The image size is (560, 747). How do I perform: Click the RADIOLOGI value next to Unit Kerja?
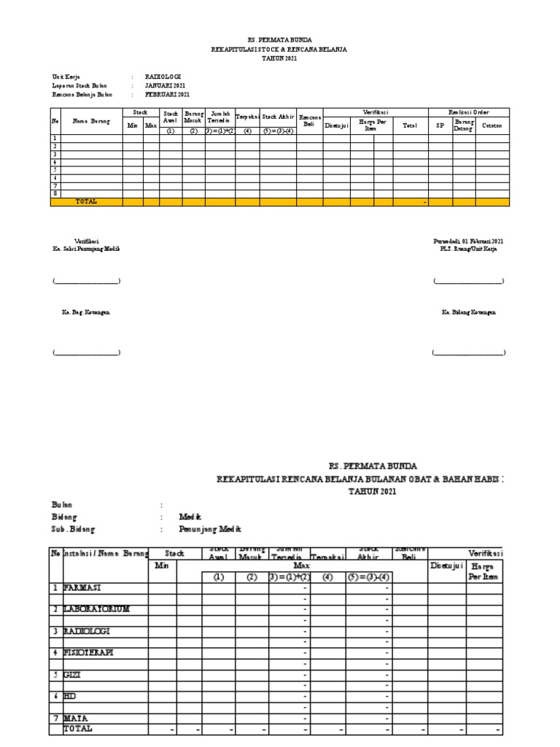coord(163,76)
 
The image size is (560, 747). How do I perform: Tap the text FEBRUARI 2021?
coord(168,95)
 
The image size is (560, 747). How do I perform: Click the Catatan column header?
coord(492,125)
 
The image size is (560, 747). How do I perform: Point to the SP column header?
coord(440,125)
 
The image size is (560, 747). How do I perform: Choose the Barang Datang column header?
coord(464,125)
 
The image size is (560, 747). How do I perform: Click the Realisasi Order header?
coord(468,112)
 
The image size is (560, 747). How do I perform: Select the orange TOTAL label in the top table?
coord(86,201)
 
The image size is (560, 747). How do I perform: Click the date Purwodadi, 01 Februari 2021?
coord(468,241)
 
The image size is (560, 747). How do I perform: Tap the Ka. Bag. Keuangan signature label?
coord(85,311)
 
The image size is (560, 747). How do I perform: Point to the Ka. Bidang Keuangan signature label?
coord(468,311)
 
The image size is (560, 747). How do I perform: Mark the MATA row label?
coord(75,718)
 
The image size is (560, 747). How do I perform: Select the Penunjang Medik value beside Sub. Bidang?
coord(209,529)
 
